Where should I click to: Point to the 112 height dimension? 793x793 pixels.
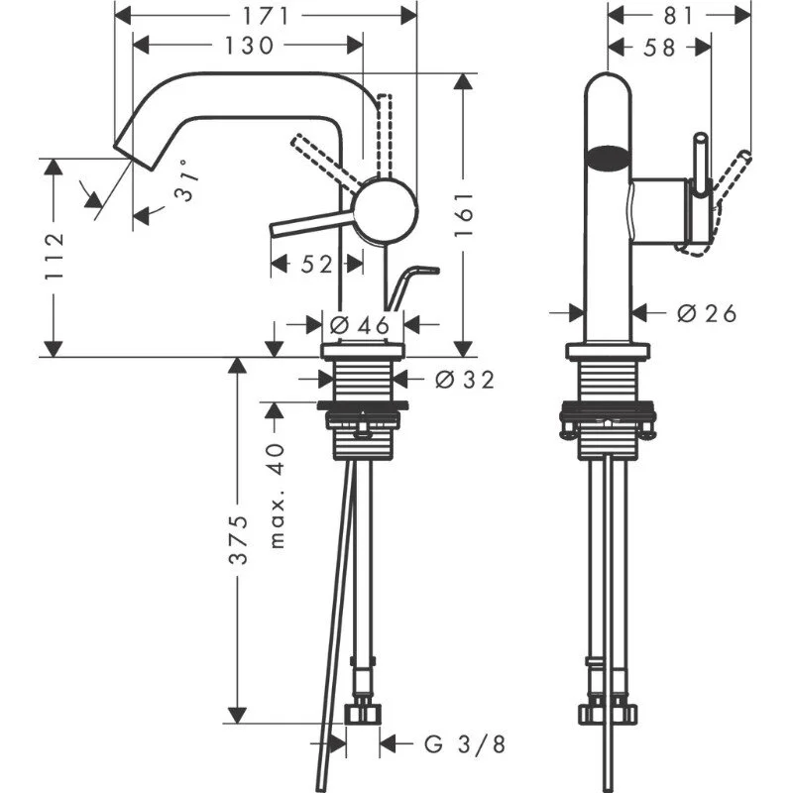click(x=56, y=256)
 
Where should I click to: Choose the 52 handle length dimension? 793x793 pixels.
click(x=316, y=264)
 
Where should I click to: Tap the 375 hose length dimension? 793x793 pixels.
click(x=239, y=540)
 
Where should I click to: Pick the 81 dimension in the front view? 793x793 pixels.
click(x=678, y=16)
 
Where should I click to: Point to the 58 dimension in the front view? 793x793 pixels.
click(x=659, y=46)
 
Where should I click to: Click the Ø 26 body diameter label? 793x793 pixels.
click(x=707, y=313)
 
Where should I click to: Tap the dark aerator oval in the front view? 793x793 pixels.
click(x=610, y=156)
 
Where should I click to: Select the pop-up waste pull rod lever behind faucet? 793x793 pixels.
click(x=411, y=283)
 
